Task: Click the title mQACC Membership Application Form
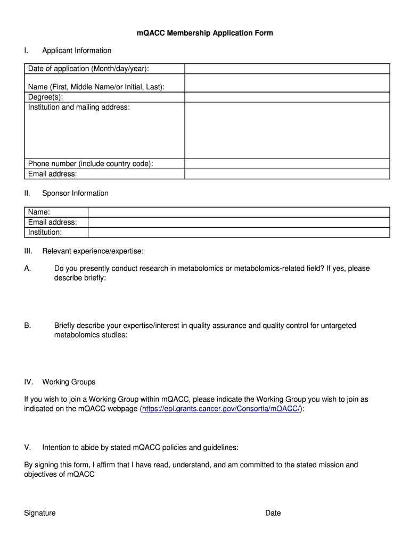(x=204, y=33)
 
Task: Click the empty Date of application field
(x=287, y=69)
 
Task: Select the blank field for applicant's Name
(x=287, y=83)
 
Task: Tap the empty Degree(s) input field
(x=287, y=97)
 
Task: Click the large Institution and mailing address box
(x=287, y=130)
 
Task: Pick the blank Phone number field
(x=287, y=164)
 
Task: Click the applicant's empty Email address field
(x=287, y=174)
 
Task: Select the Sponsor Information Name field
(x=239, y=212)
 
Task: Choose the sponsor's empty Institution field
(x=239, y=233)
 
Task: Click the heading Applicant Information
(x=77, y=51)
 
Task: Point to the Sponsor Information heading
(x=75, y=193)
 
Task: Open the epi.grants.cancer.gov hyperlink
(x=222, y=409)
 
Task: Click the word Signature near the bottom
(x=40, y=513)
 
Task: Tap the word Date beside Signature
(x=273, y=513)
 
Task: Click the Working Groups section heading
(x=69, y=382)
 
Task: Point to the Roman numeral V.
(x=27, y=448)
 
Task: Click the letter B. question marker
(x=28, y=325)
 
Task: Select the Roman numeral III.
(x=28, y=251)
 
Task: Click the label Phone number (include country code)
(x=91, y=164)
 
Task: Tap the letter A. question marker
(x=28, y=268)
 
